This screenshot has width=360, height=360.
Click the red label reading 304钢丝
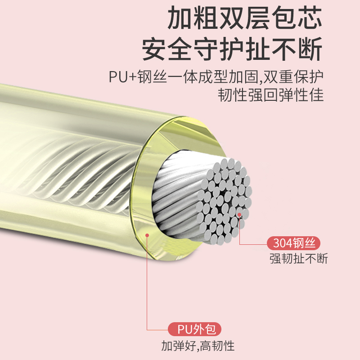pos(294,243)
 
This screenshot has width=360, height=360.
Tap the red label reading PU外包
pos(195,329)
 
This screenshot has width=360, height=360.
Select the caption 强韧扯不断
pos(299,259)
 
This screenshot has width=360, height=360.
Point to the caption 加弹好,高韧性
pos(198,346)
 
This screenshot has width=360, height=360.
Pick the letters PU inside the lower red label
pos(183,329)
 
